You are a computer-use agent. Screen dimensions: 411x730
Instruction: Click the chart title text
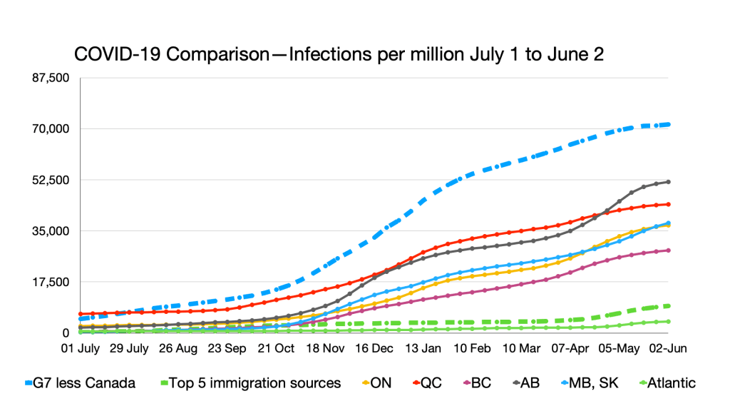(339, 56)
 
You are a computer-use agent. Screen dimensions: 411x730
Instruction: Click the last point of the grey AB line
(668, 182)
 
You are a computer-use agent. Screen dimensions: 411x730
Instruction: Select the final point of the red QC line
(668, 204)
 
